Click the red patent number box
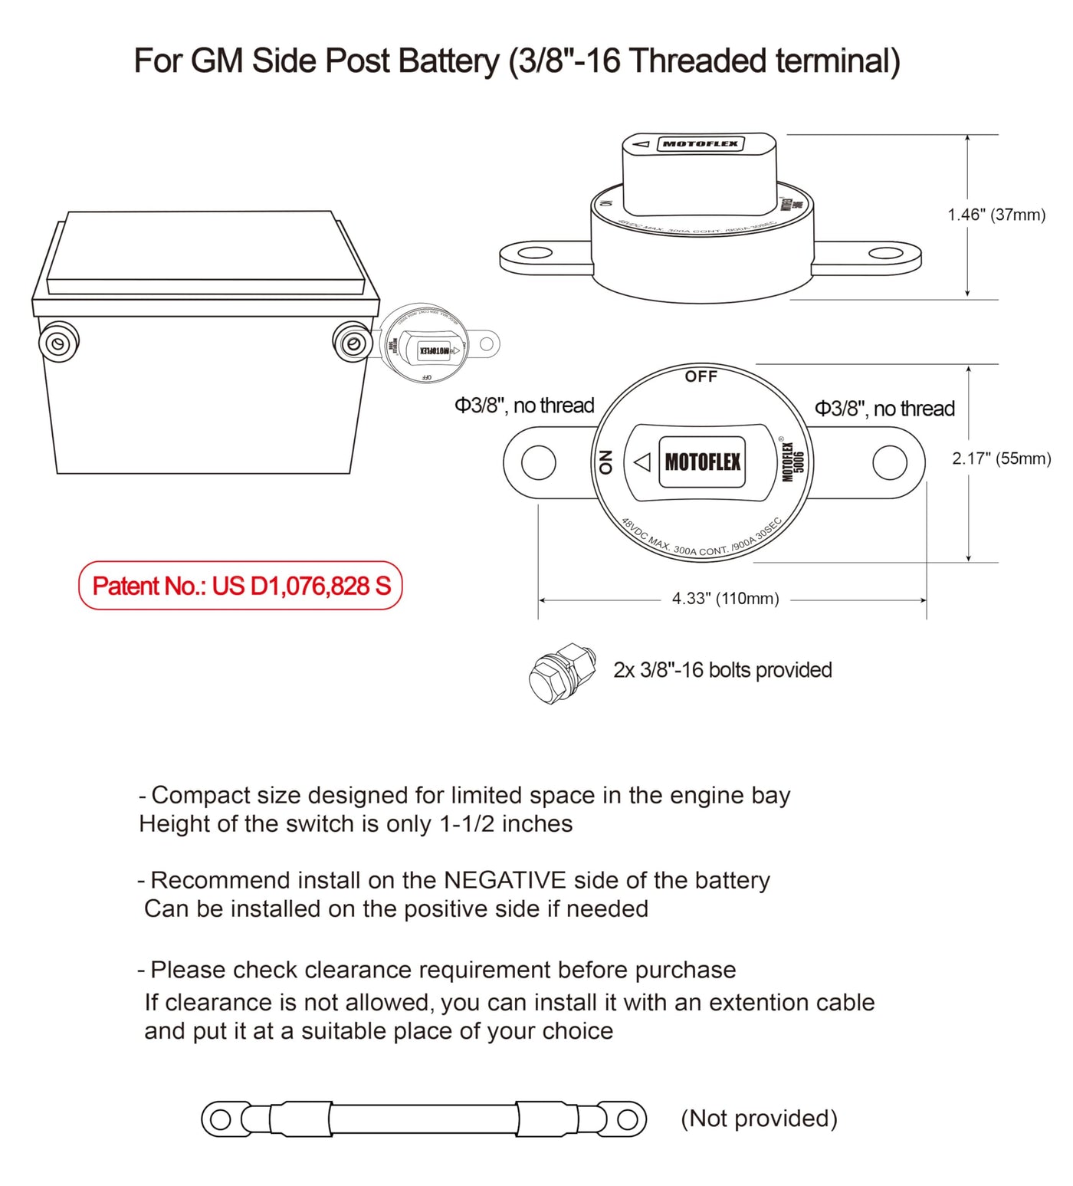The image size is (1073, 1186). tap(240, 586)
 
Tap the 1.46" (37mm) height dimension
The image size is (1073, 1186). tap(996, 215)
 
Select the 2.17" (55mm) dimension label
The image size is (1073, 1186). tap(1001, 458)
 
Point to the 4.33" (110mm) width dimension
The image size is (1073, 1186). tap(725, 599)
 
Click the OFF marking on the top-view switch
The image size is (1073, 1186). tap(701, 376)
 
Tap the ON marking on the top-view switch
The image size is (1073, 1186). tap(605, 462)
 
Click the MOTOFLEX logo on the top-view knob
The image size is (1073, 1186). tap(702, 462)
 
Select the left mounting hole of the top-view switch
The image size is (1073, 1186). tap(538, 463)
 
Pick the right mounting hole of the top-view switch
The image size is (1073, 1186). tap(890, 463)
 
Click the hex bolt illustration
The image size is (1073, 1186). tap(562, 672)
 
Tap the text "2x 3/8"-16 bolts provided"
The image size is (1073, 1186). tap(722, 670)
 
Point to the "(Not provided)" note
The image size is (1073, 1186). tap(759, 1119)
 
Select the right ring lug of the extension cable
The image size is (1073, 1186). tap(627, 1120)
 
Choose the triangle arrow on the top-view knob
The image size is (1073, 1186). tap(642, 462)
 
